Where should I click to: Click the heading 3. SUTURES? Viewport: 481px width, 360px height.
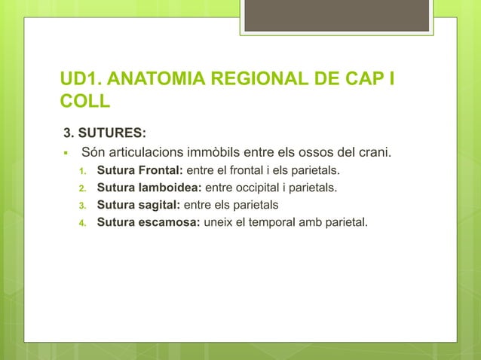pos(104,134)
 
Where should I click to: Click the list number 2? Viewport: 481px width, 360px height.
pos(84,188)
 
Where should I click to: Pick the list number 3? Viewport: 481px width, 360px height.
pos(84,205)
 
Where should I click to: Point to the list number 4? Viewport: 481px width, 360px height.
pos(84,222)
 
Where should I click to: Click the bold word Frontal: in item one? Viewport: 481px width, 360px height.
pos(160,171)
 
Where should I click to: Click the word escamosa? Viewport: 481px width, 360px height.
pos(170,221)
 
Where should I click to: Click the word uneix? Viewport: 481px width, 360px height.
pos(216,221)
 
